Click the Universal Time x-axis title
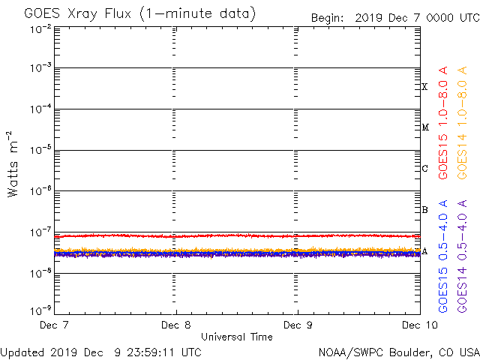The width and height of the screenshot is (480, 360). pyautogui.click(x=236, y=337)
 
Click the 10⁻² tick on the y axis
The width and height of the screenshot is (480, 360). pyautogui.click(x=40, y=28)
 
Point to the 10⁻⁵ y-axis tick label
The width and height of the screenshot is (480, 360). pyautogui.click(x=40, y=150)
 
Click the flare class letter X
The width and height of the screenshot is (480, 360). pyautogui.click(x=424, y=87)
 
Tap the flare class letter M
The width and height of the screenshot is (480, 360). pyautogui.click(x=424, y=127)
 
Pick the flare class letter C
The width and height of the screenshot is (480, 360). pyautogui.click(x=424, y=169)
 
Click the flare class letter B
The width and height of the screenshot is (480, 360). pyautogui.click(x=424, y=210)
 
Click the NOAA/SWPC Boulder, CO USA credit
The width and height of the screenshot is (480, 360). pyautogui.click(x=398, y=352)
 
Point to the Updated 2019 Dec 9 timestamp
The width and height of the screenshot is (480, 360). pyautogui.click(x=101, y=352)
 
